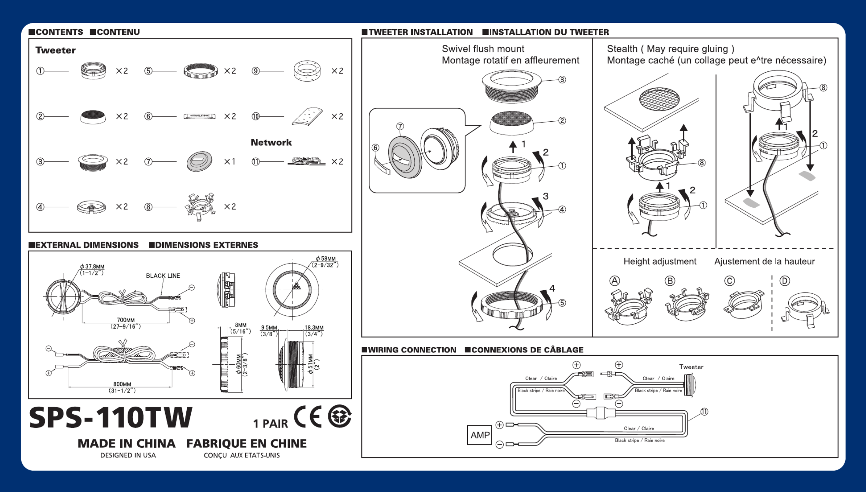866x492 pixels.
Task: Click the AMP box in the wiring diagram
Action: coord(479,435)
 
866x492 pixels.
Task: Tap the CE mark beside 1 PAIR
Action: coord(308,417)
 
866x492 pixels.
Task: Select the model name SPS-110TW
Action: coord(111,418)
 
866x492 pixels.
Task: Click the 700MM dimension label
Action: coord(126,320)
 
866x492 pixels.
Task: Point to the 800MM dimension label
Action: coord(122,384)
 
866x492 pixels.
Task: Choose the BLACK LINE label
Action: coord(163,276)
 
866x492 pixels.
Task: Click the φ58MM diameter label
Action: coord(325,259)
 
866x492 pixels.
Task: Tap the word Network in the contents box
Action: coord(271,142)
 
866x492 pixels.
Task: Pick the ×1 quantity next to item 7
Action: coord(230,162)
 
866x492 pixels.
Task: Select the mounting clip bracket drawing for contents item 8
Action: coord(200,206)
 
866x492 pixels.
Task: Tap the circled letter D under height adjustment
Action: coord(784,281)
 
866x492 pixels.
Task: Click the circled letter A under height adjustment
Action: coord(615,281)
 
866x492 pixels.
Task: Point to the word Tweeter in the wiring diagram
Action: coord(691,367)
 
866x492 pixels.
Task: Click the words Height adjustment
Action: coord(659,261)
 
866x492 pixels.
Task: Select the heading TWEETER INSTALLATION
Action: coord(420,32)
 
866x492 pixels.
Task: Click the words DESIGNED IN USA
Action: coord(128,455)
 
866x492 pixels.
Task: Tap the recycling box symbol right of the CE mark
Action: coord(340,416)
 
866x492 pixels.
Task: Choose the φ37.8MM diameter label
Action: coord(92,266)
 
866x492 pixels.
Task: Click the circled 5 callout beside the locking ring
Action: coord(562,303)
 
